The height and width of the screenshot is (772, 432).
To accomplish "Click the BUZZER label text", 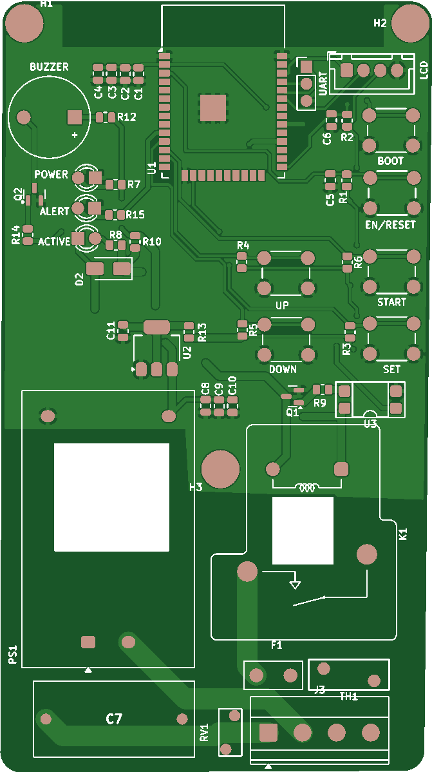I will coord(49,67).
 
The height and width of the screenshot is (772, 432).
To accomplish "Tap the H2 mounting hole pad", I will coord(409,23).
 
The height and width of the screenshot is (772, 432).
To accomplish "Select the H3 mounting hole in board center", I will coord(220,468).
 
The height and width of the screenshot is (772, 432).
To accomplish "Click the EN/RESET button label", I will coord(390,225).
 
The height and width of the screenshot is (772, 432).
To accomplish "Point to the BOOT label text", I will coord(390,160).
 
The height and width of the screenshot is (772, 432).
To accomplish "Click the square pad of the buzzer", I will coord(75,117).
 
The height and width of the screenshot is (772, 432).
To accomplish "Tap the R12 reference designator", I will coord(127,117).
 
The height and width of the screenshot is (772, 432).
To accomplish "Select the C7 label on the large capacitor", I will coord(114,719).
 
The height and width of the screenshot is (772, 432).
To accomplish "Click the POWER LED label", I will coord(51,175).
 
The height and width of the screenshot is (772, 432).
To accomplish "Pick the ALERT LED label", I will coord(54,211).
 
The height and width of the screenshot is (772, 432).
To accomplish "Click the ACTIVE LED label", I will coord(54,242).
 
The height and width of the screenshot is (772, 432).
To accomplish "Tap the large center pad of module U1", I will coord(213,108).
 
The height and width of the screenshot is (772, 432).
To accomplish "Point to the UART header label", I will coord(323,81).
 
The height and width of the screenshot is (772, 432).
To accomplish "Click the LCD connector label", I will coord(424,70).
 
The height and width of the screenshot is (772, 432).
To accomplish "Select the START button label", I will coord(391,302).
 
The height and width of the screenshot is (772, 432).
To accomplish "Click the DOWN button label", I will coord(283,369).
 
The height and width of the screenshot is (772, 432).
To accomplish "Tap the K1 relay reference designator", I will coord(403,534).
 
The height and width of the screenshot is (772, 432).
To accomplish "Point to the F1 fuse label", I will coord(276,644).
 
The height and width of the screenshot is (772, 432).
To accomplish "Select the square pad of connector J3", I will coord(268,733).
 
